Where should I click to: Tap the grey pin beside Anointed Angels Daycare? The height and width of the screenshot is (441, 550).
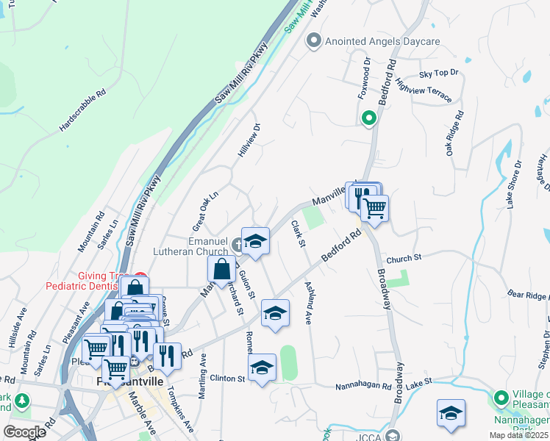(315, 41)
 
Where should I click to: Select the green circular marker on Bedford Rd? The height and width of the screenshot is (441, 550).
(368, 118)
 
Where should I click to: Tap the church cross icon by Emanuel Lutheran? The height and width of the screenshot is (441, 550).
(238, 244)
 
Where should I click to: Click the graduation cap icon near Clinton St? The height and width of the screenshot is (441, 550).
(262, 367)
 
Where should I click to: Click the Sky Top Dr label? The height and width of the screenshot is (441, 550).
(438, 73)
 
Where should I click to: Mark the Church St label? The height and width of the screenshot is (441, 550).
(403, 259)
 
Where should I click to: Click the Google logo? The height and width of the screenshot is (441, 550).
(24, 431)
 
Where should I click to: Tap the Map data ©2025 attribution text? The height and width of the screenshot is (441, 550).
(518, 435)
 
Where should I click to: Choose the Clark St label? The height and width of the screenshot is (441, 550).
(298, 234)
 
